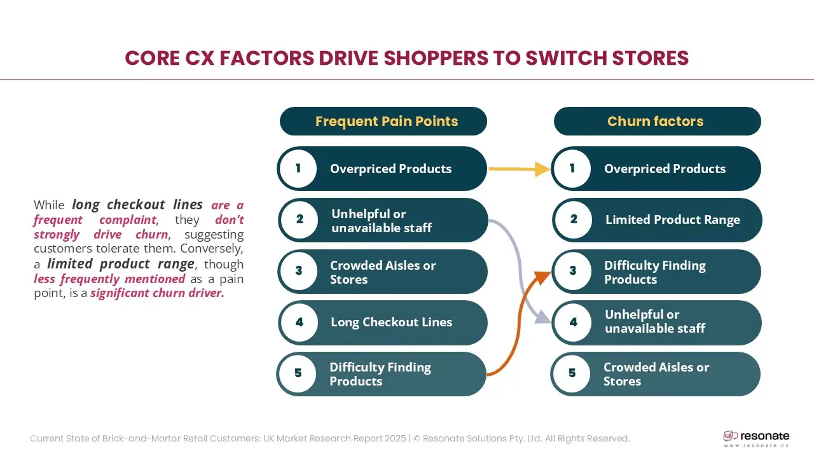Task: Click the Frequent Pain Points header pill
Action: pyautogui.click(x=383, y=121)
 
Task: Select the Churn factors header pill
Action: pyautogui.click(x=658, y=121)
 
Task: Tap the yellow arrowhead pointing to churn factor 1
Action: pyautogui.click(x=542, y=169)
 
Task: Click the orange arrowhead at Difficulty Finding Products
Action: pyautogui.click(x=543, y=277)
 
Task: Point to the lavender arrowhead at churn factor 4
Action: pyautogui.click(x=543, y=317)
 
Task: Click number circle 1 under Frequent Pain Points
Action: pyautogui.click(x=298, y=169)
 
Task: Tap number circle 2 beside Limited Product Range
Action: pyautogui.click(x=574, y=219)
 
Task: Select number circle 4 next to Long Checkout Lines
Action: pyautogui.click(x=299, y=323)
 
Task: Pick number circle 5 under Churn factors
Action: pyautogui.click(x=572, y=373)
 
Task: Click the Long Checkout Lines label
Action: pyautogui.click(x=391, y=323)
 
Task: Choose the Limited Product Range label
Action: pyautogui.click(x=673, y=220)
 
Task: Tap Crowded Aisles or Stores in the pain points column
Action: pyautogui.click(x=383, y=272)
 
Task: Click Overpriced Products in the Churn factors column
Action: pyautogui.click(x=665, y=169)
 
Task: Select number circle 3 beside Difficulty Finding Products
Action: pyautogui.click(x=573, y=271)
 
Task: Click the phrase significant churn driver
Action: pyautogui.click(x=157, y=293)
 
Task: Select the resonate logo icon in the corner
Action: pyautogui.click(x=730, y=436)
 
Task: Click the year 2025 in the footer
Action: pyautogui.click(x=396, y=438)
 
